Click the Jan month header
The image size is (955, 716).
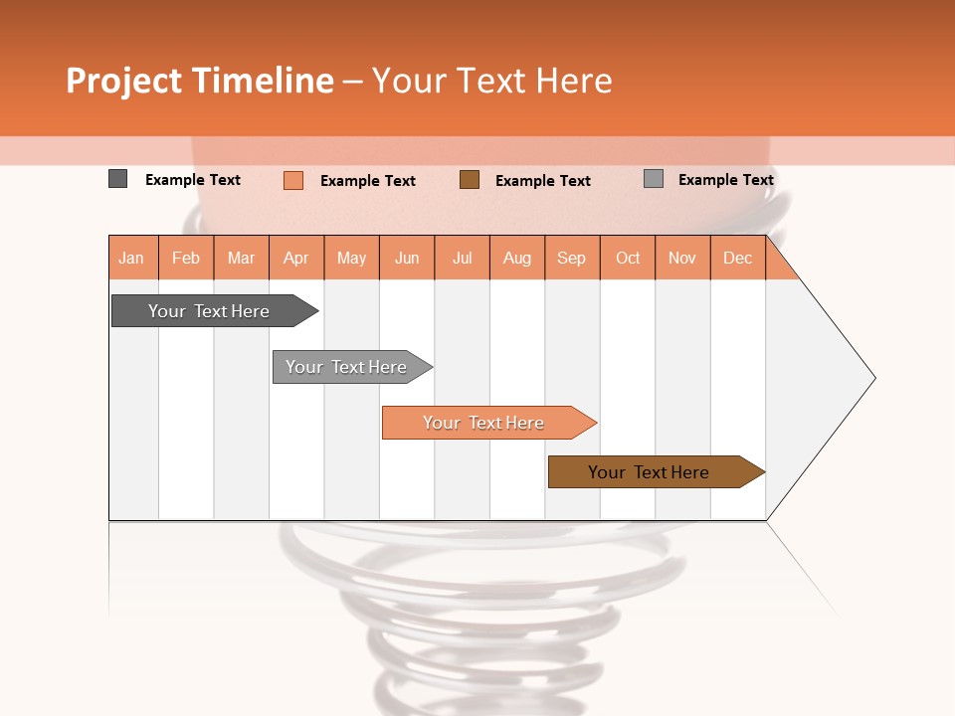[132, 258]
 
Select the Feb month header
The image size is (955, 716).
[186, 258]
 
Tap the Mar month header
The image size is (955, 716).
[241, 258]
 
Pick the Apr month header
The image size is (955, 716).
[296, 258]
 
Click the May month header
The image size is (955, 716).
[351, 258]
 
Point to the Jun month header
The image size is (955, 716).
[407, 258]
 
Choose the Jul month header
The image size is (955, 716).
[462, 258]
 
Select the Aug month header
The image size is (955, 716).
[517, 258]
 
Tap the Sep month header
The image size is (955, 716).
[572, 258]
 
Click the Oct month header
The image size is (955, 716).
[628, 258]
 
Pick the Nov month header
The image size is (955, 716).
[682, 258]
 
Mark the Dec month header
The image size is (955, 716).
[738, 258]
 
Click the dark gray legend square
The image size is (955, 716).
[118, 179]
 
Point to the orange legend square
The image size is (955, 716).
[293, 180]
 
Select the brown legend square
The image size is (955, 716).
[470, 179]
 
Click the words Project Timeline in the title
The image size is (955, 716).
[199, 81]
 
